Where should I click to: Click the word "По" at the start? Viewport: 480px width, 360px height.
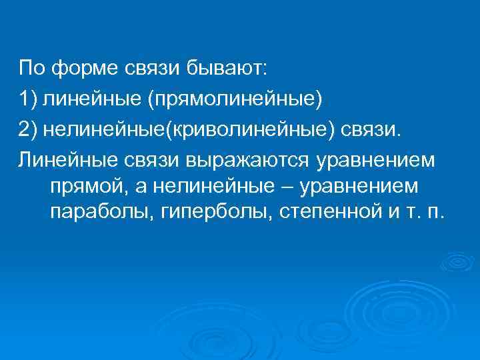point(31,68)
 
